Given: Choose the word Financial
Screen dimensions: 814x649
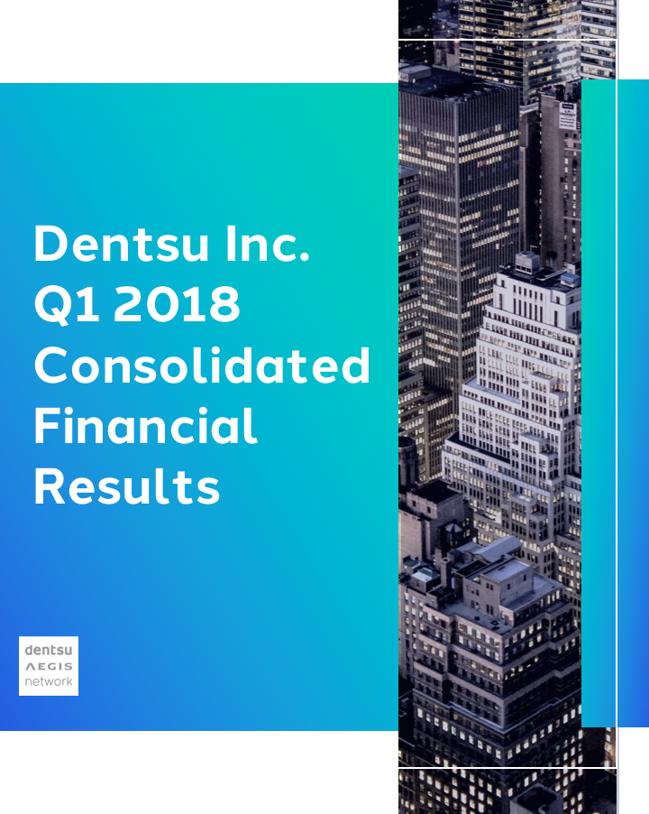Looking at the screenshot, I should tap(145, 426).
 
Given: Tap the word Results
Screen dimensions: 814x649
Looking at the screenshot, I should tap(127, 487).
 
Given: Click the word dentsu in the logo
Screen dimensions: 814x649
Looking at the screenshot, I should tap(49, 650).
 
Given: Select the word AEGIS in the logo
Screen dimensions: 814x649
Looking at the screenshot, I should tap(49, 666).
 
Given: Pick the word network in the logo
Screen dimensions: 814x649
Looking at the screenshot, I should tap(49, 681).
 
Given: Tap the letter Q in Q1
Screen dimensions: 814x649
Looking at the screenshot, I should tap(50, 306).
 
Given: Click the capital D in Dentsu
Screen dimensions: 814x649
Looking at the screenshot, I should tap(50, 245).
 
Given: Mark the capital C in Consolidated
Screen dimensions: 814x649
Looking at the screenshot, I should tap(51, 365).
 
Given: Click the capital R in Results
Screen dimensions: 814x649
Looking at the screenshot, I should tap(49, 487).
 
